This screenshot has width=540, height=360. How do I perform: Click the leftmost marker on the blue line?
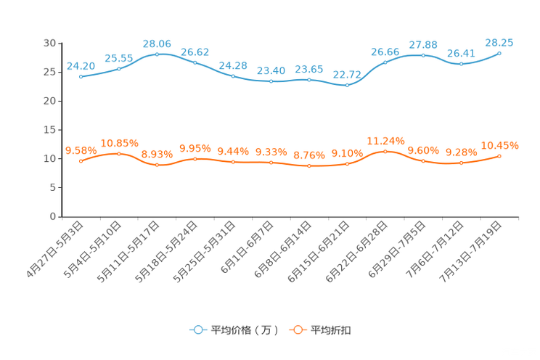81,75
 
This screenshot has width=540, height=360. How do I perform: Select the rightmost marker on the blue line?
500,53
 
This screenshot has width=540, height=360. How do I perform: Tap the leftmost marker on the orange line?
81,161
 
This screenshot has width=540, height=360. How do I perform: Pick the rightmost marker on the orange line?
500,156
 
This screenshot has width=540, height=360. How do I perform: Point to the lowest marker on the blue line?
348,84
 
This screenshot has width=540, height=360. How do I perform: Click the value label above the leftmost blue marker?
81,65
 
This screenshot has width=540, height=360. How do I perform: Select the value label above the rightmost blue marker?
500,43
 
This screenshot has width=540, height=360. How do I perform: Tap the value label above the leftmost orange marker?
81,151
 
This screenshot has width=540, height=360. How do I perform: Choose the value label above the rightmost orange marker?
500,146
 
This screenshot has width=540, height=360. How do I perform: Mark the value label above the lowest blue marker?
348,74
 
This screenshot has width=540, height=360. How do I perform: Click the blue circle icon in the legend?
197,330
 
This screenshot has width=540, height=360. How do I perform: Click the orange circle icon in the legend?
298,330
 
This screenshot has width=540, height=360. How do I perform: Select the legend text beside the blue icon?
245,330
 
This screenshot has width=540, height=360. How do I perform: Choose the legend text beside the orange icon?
332,330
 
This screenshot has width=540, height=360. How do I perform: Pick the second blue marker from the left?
119,67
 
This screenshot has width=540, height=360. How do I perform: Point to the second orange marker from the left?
119,154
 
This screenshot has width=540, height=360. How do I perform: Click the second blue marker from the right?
461,64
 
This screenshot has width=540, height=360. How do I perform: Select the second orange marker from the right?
461,163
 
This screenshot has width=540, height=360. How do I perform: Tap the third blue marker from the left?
157,54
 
